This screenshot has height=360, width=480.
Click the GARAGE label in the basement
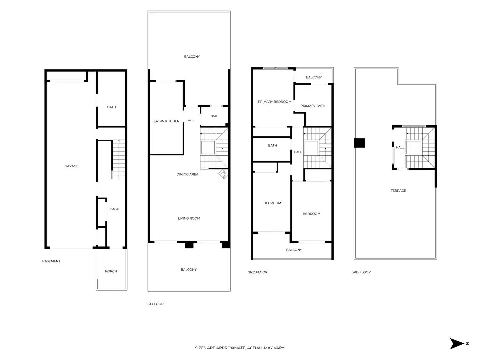[x=71, y=166]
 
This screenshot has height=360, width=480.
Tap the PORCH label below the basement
[x=111, y=271]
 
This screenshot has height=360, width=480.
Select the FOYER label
[x=114, y=209]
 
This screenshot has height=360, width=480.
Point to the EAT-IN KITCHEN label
[x=166, y=121]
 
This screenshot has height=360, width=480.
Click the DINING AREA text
[x=187, y=174]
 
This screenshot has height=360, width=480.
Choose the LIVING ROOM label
[x=189, y=218]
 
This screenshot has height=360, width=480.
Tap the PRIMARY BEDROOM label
[x=274, y=102]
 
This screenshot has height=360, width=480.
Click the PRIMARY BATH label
[x=313, y=106]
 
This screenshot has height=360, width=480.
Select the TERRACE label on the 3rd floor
[x=398, y=191]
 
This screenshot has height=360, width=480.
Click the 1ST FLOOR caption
[x=155, y=304]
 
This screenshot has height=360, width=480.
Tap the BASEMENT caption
[x=51, y=261]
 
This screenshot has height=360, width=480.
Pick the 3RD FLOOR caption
[x=361, y=272]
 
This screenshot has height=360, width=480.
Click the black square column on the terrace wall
[x=359, y=143]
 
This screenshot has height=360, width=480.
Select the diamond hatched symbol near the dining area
[x=223, y=174]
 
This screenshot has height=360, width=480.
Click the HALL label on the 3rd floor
[x=400, y=147]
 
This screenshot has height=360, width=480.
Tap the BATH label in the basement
[x=112, y=107]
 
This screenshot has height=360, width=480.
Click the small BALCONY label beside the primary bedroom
[x=314, y=77]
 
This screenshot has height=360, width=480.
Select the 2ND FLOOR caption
[x=258, y=272]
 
